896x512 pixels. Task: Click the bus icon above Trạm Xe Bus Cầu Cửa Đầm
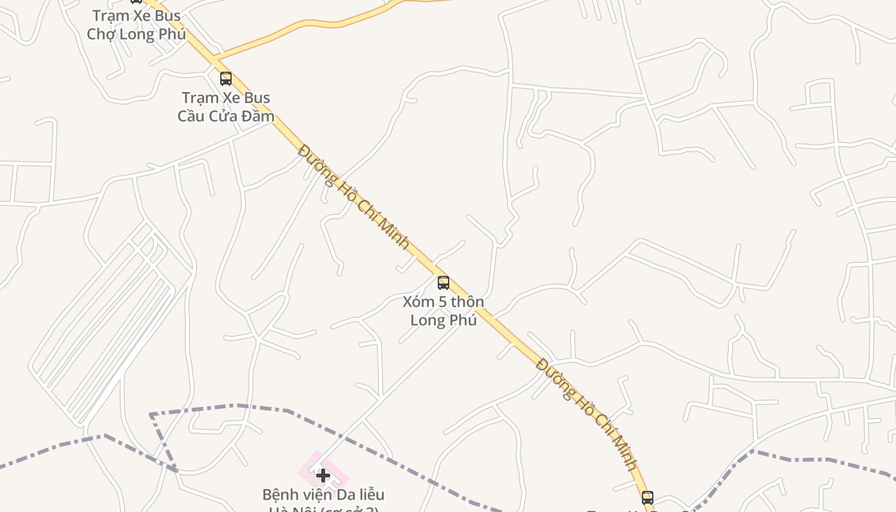click(226, 79)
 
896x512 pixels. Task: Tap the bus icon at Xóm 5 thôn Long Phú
click(443, 282)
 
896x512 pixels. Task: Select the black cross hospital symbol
click(323, 475)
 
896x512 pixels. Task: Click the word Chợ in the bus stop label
click(100, 34)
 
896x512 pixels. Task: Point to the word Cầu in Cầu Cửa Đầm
click(191, 116)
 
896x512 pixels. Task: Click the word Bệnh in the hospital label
click(281, 495)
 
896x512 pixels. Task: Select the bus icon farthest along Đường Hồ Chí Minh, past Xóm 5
click(648, 497)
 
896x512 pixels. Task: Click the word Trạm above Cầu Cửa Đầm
click(198, 98)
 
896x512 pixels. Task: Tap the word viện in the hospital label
click(313, 495)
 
